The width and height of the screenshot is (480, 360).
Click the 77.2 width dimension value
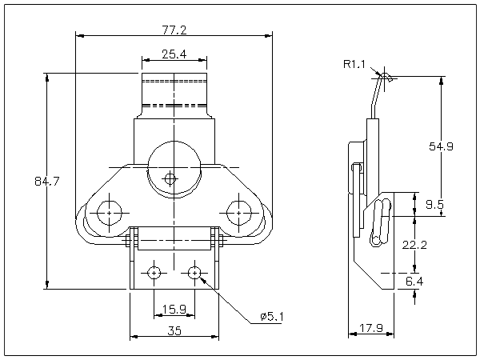pyautogui.click(x=174, y=30)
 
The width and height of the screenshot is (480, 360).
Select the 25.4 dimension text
pyautogui.click(x=174, y=54)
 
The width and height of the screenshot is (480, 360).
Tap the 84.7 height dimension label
pyautogui.click(x=48, y=182)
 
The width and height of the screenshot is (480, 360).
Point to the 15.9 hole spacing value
pyautogui.click(x=174, y=309)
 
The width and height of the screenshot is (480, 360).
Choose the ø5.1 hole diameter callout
pyautogui.click(x=271, y=318)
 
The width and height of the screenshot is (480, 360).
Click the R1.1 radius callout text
pyautogui.click(x=354, y=64)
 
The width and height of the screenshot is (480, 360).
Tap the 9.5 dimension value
pyautogui.click(x=434, y=205)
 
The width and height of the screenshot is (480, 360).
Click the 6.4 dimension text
pyautogui.click(x=414, y=282)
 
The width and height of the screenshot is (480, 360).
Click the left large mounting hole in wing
pyautogui.click(x=108, y=213)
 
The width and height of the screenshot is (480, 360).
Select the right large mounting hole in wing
pyautogui.click(x=238, y=213)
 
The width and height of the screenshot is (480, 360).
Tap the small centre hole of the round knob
pyautogui.click(x=169, y=178)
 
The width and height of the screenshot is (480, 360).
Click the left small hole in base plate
pyautogui.click(x=154, y=273)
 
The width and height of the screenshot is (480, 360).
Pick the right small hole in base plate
pyautogui.click(x=194, y=273)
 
